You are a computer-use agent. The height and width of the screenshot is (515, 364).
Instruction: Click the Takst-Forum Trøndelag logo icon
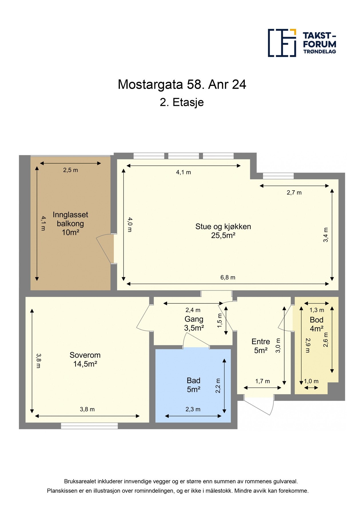(282, 43)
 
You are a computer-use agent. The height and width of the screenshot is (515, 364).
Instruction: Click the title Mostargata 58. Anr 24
(182, 84)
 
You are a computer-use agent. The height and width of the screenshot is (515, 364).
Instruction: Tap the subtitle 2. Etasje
(182, 102)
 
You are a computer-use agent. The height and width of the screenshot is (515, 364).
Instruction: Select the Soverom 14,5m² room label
(85, 359)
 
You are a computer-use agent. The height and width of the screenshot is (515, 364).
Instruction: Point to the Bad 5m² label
(193, 385)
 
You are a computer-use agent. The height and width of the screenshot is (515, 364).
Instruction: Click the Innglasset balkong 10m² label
(70, 223)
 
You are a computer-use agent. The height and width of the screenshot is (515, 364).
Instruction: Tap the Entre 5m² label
(260, 346)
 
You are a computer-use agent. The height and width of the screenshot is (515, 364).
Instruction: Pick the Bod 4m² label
(317, 324)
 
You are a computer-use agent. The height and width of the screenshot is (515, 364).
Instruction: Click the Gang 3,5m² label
(194, 323)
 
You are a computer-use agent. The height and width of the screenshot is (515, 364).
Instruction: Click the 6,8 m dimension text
(228, 277)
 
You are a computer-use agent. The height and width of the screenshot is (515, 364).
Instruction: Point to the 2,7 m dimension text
(294, 193)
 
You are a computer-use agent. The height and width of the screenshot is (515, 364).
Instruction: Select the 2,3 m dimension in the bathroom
(193, 409)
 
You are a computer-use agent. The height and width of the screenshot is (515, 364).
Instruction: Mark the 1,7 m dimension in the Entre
(262, 381)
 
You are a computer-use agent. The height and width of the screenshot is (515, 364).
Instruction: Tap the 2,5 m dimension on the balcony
(70, 170)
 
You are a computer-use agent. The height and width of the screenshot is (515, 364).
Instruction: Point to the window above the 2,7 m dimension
(278, 176)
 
